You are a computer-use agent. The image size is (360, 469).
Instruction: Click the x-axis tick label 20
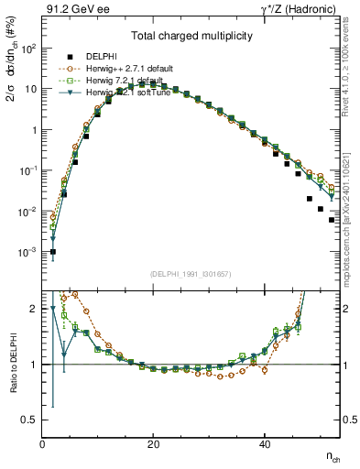pyautogui.click(x=153, y=443)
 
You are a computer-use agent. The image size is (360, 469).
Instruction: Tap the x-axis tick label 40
pyautogui.click(x=264, y=443)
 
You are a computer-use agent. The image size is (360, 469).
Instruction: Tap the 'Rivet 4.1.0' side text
pyautogui.click(x=352, y=70)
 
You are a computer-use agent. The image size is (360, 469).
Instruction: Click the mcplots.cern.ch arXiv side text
pyautogui.click(x=352, y=197)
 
